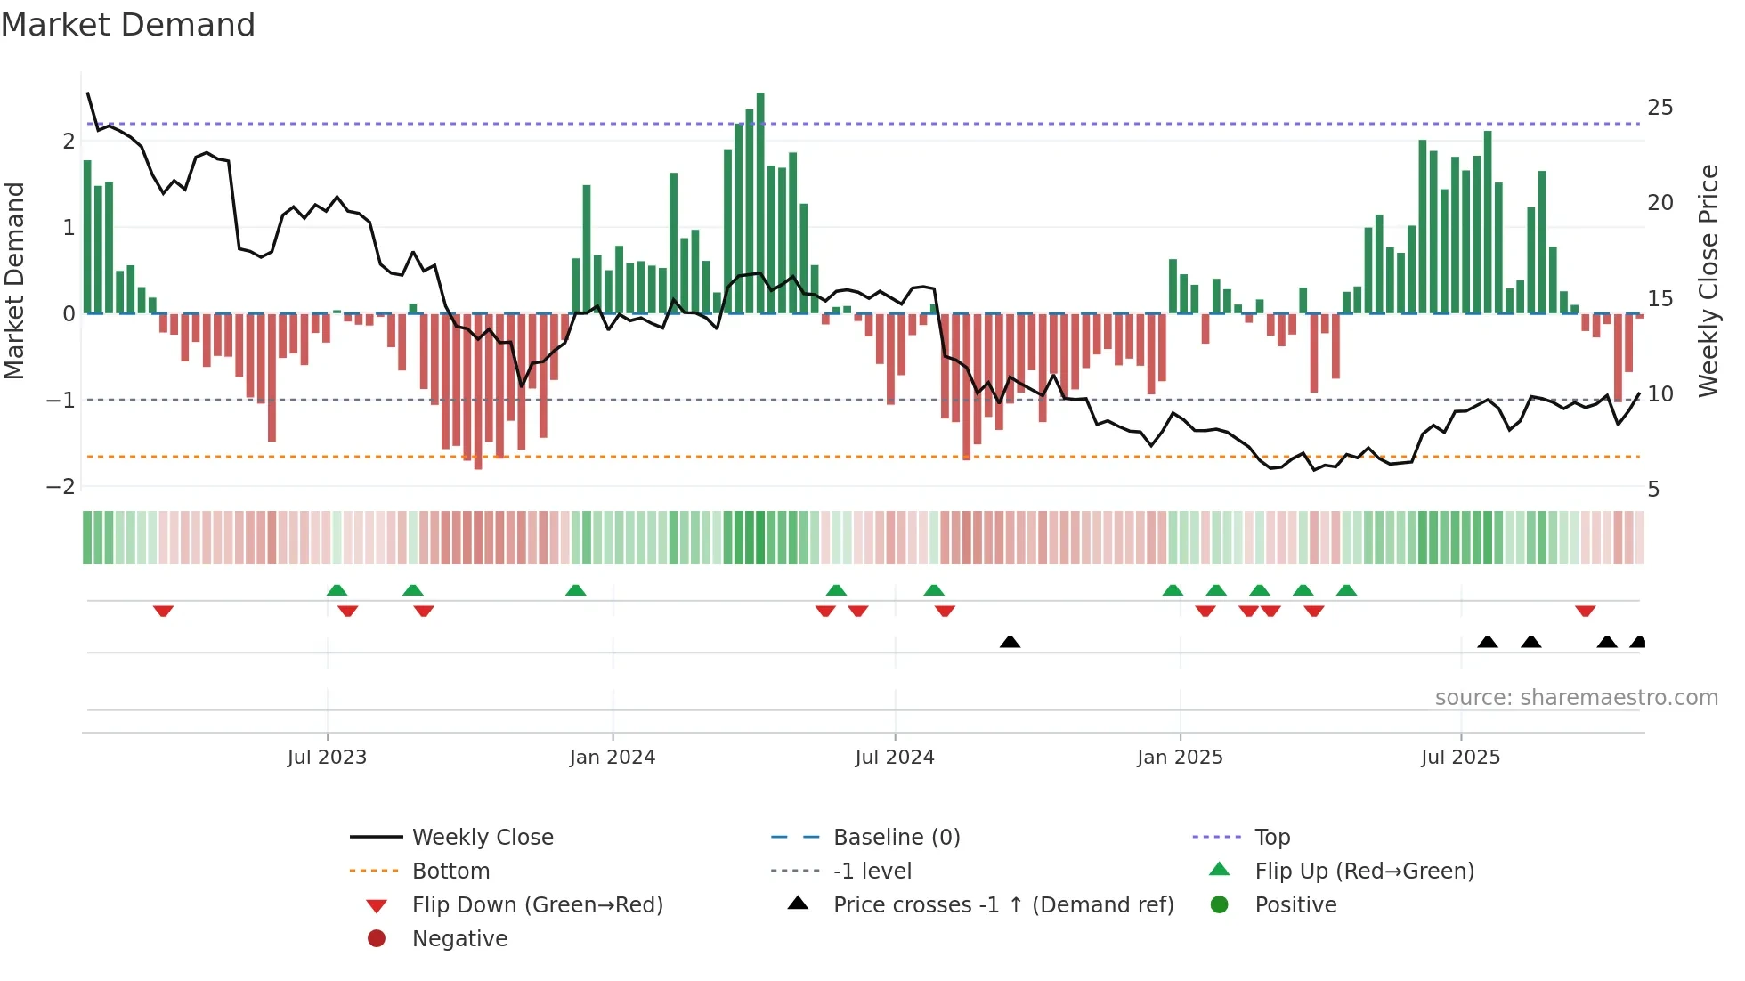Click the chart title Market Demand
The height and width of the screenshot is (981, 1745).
coord(128,25)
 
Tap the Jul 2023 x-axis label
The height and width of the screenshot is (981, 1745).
coord(327,758)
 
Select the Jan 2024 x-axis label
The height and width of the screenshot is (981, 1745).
coord(613,758)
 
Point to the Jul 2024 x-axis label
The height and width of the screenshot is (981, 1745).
coord(895,758)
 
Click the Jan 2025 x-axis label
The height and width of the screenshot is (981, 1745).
coord(1180,758)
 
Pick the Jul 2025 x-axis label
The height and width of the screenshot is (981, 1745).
coord(1461,758)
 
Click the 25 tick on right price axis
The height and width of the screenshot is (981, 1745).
coord(1660,108)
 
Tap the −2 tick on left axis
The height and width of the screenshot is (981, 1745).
coord(61,487)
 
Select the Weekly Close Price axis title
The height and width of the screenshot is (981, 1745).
coord(1708,280)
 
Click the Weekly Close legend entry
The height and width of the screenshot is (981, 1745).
coord(482,838)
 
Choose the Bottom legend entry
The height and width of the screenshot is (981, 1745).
coord(450,872)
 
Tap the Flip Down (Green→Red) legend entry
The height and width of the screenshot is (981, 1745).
coord(537,905)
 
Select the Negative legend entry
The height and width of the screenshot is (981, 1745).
coord(459,939)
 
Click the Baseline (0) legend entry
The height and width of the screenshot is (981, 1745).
coord(896,838)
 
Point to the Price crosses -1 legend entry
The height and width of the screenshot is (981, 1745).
coord(1002,905)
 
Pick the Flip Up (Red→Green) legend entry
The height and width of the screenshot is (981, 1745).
coord(1364,872)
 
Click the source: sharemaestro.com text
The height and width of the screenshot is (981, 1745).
coord(1576,698)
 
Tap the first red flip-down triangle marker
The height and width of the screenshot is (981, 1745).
coord(163,611)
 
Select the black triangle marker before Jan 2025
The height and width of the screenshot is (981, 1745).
coord(1010,642)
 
